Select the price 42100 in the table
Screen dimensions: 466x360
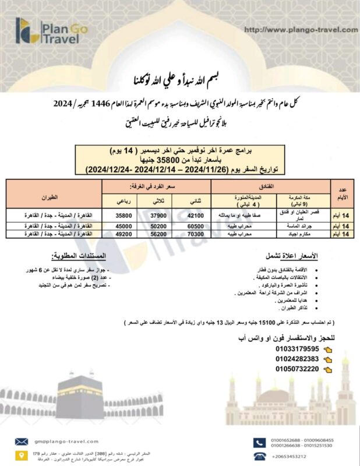(x=197, y=215)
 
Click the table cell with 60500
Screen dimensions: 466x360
(x=197, y=225)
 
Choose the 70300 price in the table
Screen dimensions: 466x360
(x=197, y=234)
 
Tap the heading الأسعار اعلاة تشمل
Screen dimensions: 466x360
(x=295, y=256)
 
